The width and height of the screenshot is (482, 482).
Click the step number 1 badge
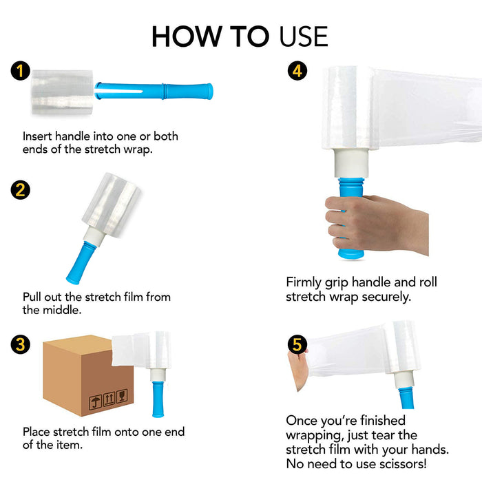coord(20,71)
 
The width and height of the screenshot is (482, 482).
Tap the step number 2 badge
coord(20,189)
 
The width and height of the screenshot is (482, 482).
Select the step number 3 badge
coord(20,344)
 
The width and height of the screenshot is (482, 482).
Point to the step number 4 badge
coord(297,71)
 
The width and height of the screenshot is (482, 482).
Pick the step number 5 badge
coord(297,344)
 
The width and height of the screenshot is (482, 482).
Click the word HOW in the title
coord(187,36)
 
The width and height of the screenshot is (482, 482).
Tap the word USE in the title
coord(304,36)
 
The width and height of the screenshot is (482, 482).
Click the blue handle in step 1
coord(154,91)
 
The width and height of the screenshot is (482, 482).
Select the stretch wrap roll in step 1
coord(63,92)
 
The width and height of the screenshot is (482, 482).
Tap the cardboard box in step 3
coord(88,376)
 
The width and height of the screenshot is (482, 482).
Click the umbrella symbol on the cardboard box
coord(95,401)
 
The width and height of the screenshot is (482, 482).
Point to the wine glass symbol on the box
coord(122,395)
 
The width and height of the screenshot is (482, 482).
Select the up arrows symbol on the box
coord(109,399)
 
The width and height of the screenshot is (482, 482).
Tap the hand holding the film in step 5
coord(297,370)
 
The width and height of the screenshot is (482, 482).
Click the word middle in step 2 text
coord(62,310)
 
